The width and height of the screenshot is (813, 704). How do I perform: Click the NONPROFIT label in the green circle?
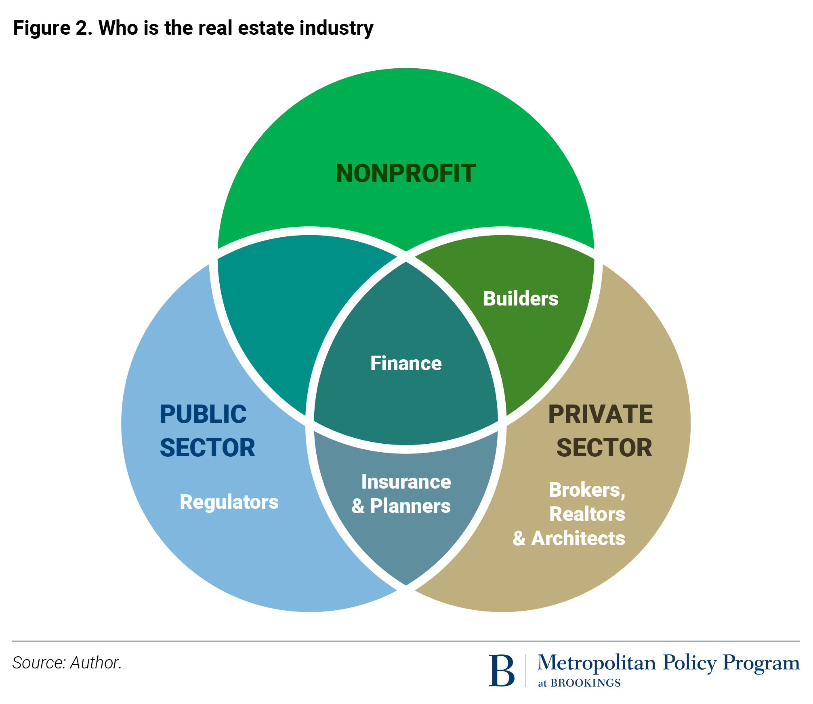tap(405, 173)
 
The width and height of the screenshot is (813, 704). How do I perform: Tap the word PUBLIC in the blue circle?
tap(203, 414)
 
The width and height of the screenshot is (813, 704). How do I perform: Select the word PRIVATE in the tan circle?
tap(600, 414)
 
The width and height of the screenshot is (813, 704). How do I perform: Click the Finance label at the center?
tap(406, 363)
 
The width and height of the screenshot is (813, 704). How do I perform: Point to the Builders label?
tap(521, 299)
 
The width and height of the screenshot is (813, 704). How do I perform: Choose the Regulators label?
tap(229, 502)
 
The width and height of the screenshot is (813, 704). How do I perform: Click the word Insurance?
tap(406, 482)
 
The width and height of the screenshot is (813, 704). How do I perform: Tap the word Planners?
tap(410, 506)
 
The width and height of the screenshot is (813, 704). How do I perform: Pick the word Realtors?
tap(587, 514)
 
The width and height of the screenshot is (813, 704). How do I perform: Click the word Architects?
tap(578, 538)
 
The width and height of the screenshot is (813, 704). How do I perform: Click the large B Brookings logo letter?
tap(502, 670)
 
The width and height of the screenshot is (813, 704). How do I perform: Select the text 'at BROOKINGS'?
tap(579, 683)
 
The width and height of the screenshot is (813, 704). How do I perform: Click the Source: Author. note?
tap(67, 663)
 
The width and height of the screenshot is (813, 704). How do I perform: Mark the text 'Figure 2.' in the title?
tap(53, 28)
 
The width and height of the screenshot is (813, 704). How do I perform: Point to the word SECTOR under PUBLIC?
tap(208, 448)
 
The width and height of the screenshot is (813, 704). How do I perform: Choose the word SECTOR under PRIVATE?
tap(604, 448)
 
